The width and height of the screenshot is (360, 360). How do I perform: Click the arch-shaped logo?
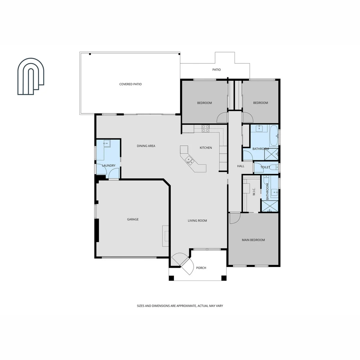click(31, 76)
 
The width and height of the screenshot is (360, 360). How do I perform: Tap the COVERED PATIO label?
click(130, 84)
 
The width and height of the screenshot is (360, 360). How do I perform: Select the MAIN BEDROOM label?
click(253, 240)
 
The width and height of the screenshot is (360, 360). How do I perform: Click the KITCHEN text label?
click(206, 148)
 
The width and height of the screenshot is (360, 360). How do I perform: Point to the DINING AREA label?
click(146, 146)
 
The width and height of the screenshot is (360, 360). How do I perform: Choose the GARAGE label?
click(133, 219)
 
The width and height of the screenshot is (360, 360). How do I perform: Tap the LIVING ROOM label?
click(197, 221)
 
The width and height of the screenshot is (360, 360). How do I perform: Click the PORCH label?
click(201, 268)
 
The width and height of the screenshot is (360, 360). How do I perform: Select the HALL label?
click(241, 166)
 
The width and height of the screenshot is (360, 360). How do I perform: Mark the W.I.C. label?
click(254, 191)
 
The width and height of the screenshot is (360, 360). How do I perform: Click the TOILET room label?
click(265, 167)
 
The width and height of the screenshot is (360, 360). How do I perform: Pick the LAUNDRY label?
click(109, 166)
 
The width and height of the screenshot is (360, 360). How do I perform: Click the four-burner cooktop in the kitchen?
click(205, 128)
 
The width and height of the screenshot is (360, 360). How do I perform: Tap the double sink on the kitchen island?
click(190, 160)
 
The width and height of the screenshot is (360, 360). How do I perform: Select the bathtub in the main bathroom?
click(274, 136)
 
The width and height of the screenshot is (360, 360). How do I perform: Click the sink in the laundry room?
click(106, 144)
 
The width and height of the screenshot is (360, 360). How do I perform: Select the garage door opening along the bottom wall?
click(129, 257)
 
